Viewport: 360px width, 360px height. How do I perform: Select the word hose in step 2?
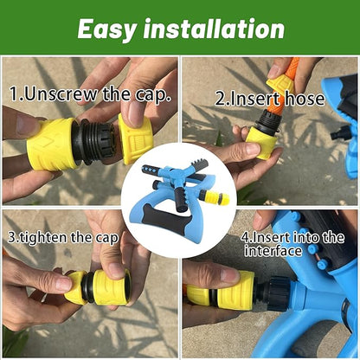[303, 98]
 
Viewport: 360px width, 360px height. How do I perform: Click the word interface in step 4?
[273, 251]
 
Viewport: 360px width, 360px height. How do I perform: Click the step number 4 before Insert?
[246, 235]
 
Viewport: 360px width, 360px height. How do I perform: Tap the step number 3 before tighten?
[12, 235]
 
